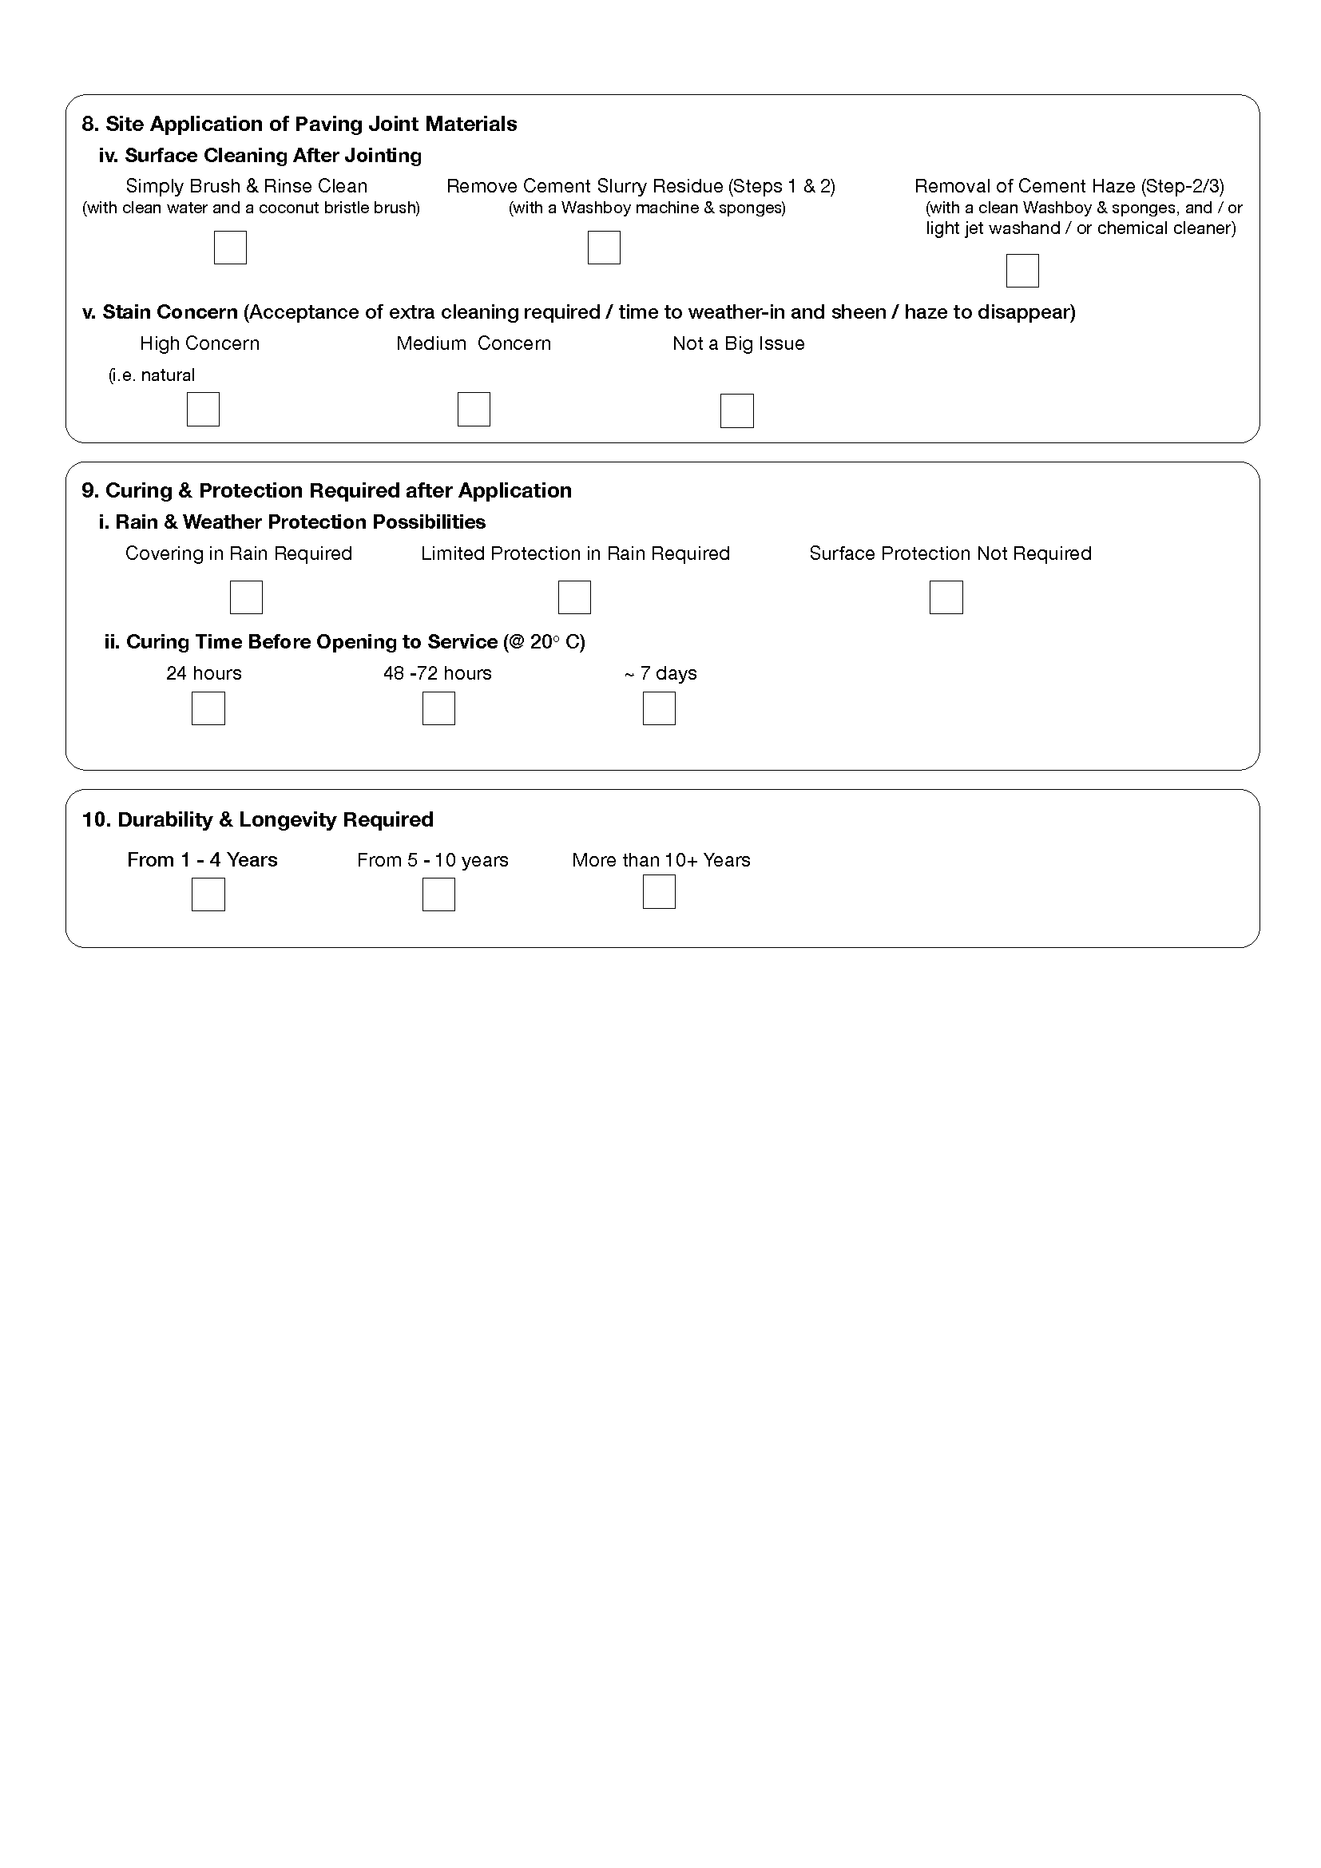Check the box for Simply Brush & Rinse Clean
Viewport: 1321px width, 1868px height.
tap(230, 248)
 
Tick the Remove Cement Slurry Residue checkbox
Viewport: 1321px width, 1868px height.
tap(604, 248)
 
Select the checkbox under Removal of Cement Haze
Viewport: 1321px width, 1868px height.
tap(1022, 271)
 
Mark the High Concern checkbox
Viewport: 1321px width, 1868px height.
tap(204, 409)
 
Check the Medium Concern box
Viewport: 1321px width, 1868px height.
tap(474, 409)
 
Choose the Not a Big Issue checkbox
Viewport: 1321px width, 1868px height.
tap(737, 410)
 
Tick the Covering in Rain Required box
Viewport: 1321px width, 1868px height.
tap(247, 597)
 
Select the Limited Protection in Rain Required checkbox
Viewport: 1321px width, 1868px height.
tap(574, 597)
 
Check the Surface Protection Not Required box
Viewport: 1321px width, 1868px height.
tap(946, 597)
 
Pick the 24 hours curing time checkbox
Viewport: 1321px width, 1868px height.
tap(208, 708)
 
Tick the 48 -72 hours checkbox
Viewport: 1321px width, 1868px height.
tap(438, 708)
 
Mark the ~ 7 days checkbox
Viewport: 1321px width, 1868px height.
tap(659, 708)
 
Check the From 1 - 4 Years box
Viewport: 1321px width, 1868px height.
tap(208, 895)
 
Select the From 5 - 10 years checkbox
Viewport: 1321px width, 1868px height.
tap(438, 895)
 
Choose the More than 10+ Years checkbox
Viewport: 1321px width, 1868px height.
tap(659, 892)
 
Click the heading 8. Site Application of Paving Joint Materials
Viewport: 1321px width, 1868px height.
tap(300, 124)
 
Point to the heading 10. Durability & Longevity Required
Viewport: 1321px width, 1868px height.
tap(258, 819)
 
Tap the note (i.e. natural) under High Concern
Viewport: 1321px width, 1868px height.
tap(152, 375)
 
